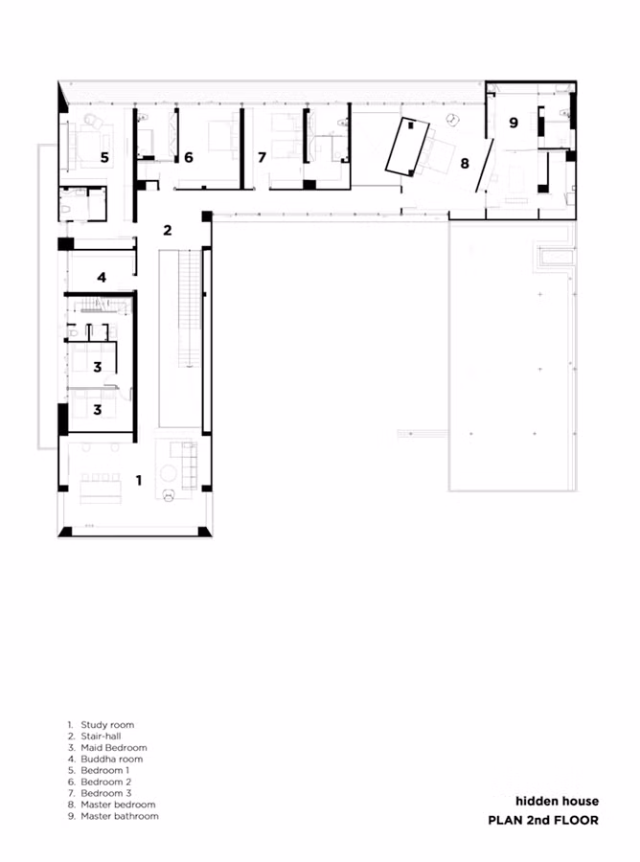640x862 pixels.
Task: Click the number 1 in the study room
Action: [139, 480]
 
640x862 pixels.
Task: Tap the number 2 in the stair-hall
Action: [168, 230]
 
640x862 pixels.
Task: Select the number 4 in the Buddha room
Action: [102, 278]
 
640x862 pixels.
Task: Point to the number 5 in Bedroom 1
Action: [104, 158]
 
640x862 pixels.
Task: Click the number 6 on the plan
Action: [189, 158]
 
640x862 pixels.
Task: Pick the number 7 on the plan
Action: [262, 158]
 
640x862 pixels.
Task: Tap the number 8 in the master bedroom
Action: [465, 163]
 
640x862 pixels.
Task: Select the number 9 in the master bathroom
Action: [514, 123]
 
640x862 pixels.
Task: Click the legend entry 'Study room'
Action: [107, 725]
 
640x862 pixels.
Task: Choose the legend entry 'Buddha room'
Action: [111, 760]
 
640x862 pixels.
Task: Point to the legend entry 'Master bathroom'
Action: [120, 816]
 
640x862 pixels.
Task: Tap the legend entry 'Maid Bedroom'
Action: [114, 748]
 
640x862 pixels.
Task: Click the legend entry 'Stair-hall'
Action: [101, 737]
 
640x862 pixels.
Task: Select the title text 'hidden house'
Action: [557, 801]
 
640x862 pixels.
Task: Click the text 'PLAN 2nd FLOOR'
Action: [543, 820]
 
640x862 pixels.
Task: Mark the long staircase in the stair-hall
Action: [189, 308]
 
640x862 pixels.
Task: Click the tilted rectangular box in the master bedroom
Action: [407, 147]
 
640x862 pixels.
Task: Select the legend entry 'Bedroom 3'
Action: [106, 793]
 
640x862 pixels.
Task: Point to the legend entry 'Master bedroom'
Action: [118, 805]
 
